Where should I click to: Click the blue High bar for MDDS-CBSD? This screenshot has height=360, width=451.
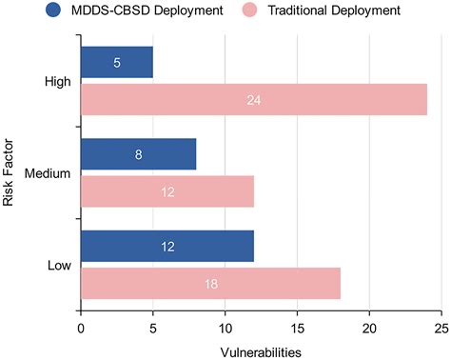pyautogui.click(x=116, y=62)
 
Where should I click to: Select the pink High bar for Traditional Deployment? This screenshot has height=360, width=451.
pyautogui.click(x=253, y=99)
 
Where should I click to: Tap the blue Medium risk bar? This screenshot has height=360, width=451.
pyautogui.click(x=138, y=153)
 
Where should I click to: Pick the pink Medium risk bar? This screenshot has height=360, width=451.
pyautogui.click(x=167, y=190)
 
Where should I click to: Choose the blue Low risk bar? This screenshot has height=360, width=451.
pyautogui.click(x=167, y=246)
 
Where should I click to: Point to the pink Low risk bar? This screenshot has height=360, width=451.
pyautogui.click(x=210, y=283)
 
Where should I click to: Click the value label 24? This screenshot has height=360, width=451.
pyautogui.click(x=253, y=100)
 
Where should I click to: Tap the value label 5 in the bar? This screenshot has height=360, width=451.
pyautogui.click(x=116, y=63)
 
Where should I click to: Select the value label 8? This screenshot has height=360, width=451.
pyautogui.click(x=138, y=154)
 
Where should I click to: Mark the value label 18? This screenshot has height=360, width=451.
pyautogui.click(x=210, y=284)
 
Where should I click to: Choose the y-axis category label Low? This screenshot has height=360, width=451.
pyautogui.click(x=60, y=265)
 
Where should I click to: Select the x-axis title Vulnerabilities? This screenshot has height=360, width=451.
pyautogui.click(x=261, y=351)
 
